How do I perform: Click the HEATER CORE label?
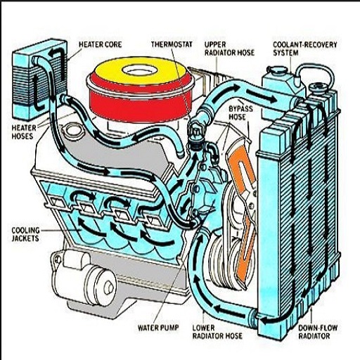(100, 44)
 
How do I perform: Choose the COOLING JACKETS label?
(25, 234)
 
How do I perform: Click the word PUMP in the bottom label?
(171, 328)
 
